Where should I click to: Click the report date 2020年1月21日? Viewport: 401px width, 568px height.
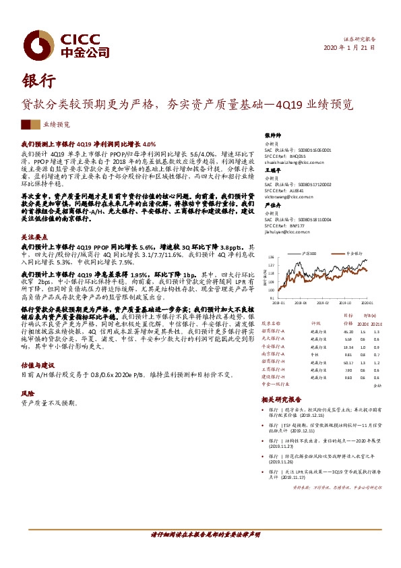click(350, 49)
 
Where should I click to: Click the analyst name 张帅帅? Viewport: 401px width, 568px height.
click(272, 136)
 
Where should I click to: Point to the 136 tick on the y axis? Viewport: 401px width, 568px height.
click(271, 258)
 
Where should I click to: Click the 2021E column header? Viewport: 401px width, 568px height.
click(377, 324)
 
